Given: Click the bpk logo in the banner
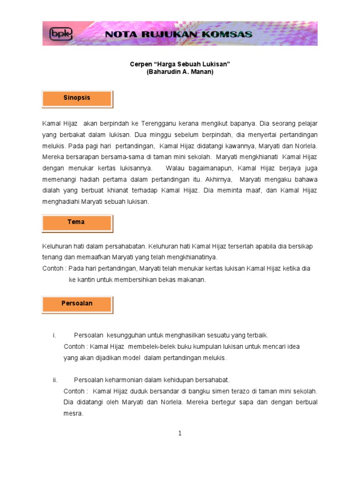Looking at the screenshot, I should click(x=58, y=34).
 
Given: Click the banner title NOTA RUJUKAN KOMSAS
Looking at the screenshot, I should click(x=179, y=34).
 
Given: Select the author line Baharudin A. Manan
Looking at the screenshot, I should click(x=180, y=72).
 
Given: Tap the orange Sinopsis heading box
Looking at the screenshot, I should click(x=77, y=98).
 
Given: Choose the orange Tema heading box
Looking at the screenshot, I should click(x=77, y=222).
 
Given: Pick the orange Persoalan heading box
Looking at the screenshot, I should click(x=77, y=304).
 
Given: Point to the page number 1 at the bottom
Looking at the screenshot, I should click(x=180, y=434).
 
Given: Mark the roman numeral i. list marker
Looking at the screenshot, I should click(x=54, y=335).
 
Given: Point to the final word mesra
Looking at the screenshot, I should click(x=73, y=413).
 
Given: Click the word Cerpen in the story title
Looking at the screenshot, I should click(x=140, y=64).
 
